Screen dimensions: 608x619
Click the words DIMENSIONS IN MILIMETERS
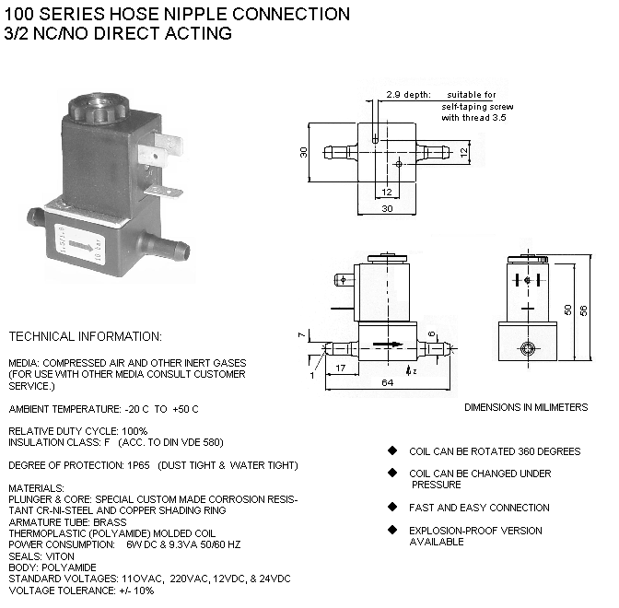(x=525, y=407)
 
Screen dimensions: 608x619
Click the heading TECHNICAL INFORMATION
(x=85, y=336)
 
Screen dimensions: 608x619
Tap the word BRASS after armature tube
(x=111, y=520)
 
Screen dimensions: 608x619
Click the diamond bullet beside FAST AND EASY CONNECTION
(x=391, y=508)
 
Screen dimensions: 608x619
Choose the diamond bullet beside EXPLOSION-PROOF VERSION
(x=391, y=531)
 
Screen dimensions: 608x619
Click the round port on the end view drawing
(x=528, y=348)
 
